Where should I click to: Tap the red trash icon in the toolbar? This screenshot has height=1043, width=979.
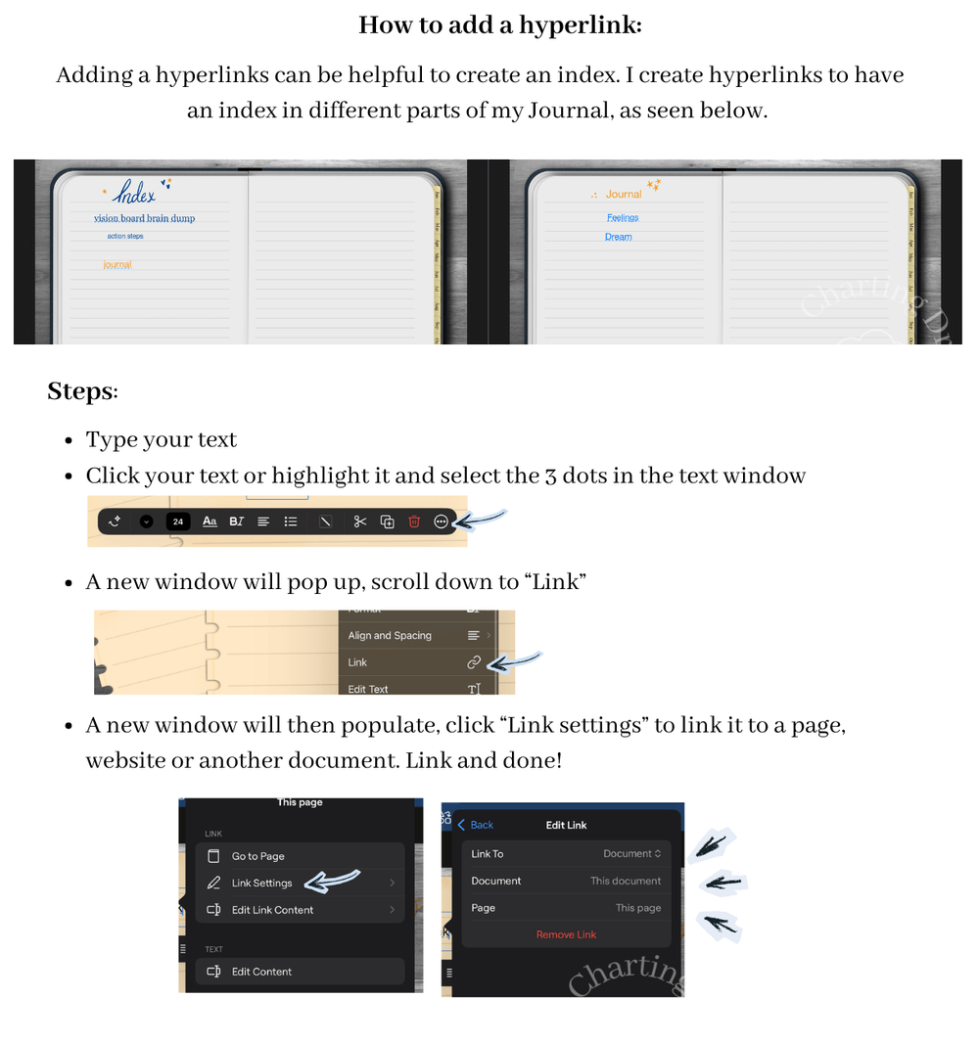click(414, 521)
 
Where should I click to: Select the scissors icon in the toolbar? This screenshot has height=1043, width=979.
click(360, 521)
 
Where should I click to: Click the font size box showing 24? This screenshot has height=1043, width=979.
click(178, 521)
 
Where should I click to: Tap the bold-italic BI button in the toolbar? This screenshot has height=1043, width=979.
click(236, 521)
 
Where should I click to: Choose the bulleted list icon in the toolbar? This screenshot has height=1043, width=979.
click(291, 521)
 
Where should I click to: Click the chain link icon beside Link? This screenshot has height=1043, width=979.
click(474, 662)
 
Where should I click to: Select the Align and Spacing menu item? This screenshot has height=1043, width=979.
click(390, 636)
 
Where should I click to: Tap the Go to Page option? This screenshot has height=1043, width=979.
click(258, 856)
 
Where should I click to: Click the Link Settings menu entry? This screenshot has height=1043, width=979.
click(261, 884)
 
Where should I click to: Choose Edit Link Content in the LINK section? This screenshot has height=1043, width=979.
click(272, 910)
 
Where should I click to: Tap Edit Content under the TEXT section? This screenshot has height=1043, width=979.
click(261, 972)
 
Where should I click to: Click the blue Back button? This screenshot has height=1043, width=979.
click(476, 825)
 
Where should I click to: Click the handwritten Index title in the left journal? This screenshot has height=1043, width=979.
click(134, 194)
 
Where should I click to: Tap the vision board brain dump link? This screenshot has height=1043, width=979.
click(144, 219)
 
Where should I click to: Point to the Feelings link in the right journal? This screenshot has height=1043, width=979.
click(622, 218)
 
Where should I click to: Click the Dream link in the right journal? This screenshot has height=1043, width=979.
click(618, 237)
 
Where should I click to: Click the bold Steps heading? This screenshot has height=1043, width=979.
click(81, 391)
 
